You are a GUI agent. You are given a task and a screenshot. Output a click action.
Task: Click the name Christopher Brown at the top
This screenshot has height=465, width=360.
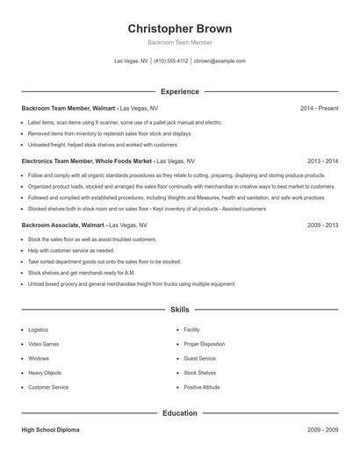179,28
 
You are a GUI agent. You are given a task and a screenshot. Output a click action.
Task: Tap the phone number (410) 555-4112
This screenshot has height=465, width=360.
171,61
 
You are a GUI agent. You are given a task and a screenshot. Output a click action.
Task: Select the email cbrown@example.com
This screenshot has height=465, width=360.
220,61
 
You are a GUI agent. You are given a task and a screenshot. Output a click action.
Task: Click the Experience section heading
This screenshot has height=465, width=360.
179,91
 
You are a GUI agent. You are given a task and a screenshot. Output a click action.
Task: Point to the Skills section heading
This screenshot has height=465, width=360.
179,310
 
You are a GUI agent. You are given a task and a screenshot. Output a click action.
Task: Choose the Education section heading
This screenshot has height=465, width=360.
179,413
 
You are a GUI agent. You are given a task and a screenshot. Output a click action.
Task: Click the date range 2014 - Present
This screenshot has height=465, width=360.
319,108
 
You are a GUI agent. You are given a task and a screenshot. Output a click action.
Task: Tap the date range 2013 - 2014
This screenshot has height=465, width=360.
322,161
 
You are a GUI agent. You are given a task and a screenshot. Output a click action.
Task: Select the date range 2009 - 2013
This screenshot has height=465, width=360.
322,225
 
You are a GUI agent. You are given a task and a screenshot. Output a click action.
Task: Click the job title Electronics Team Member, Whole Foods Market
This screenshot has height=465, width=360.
88,161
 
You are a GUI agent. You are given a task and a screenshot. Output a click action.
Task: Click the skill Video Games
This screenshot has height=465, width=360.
44,344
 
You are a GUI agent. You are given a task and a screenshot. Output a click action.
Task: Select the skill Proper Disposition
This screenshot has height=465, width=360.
204,344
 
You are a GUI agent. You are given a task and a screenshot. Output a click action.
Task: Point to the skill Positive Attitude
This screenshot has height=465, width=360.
202,387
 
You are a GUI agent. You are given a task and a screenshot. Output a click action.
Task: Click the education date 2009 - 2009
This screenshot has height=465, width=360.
322,430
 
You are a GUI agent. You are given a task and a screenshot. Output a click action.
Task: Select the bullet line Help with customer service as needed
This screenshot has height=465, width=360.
71,250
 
